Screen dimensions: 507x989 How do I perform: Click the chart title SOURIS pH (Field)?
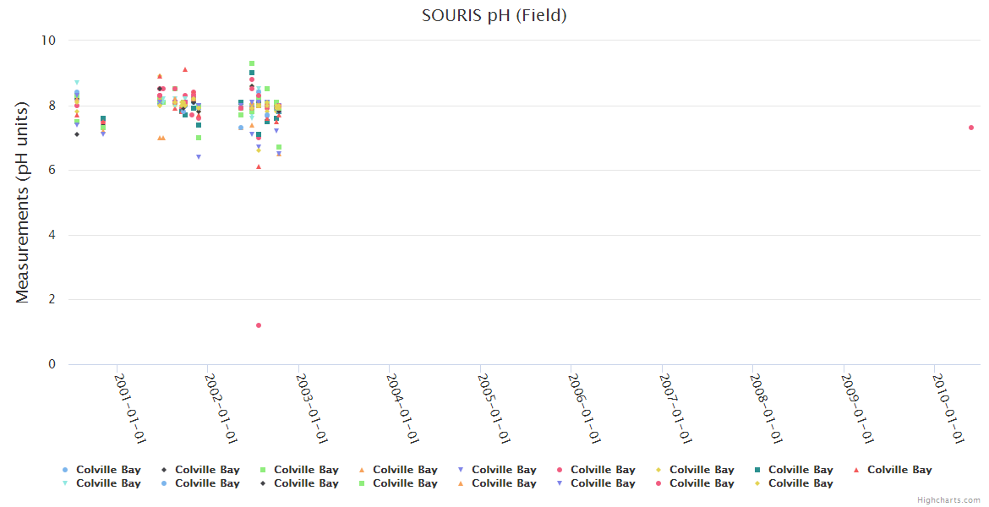point(494,15)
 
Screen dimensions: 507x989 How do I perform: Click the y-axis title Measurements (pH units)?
point(23,202)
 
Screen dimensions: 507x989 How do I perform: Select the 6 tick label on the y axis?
point(52,170)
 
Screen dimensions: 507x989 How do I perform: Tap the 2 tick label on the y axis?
point(52,299)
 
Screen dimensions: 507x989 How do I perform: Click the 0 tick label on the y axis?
point(52,364)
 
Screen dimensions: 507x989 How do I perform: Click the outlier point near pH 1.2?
point(259,325)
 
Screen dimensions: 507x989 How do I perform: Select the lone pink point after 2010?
point(971,128)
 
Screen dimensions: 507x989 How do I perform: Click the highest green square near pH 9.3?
point(252,63)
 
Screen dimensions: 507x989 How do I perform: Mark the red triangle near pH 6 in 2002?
point(259,166)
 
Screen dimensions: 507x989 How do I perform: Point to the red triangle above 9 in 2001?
point(185,69)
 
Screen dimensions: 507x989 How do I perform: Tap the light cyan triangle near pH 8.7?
point(77,83)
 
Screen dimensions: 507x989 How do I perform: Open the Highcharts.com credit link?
point(948,500)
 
